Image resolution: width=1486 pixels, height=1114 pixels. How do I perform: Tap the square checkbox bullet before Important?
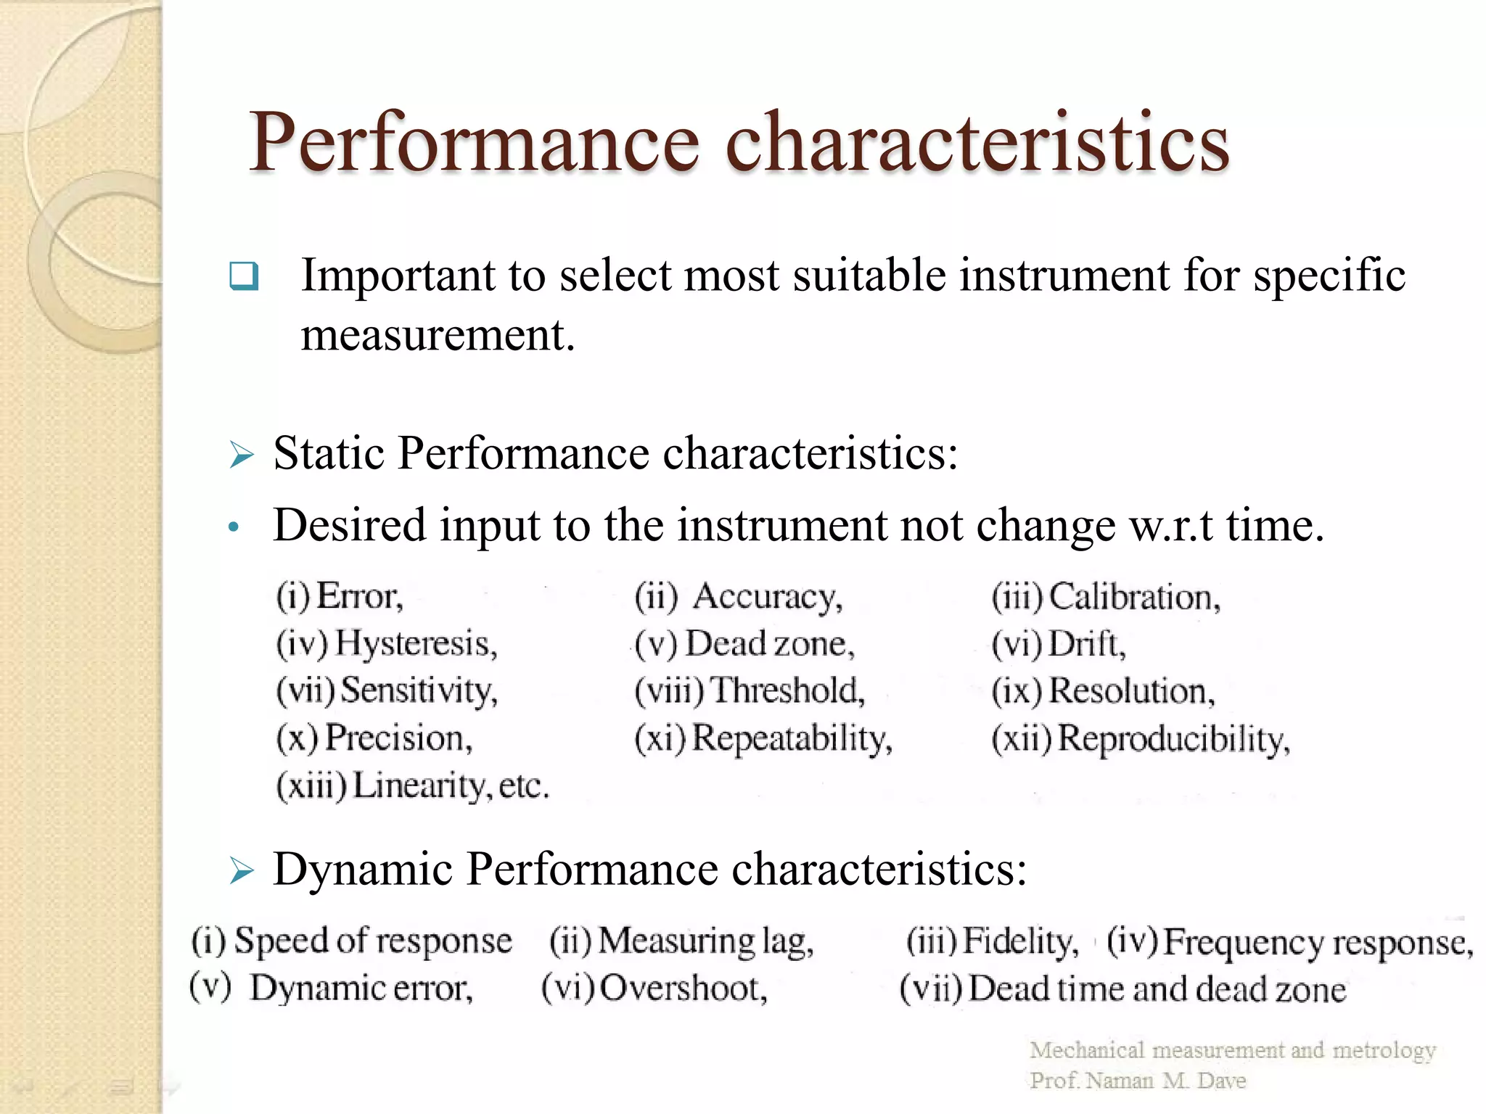244,276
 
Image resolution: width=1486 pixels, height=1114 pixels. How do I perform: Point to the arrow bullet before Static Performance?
242,455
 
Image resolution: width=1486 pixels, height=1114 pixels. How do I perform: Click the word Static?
329,453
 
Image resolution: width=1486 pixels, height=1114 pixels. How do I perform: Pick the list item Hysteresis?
416,643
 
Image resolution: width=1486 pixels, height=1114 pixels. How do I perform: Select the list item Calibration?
1135,597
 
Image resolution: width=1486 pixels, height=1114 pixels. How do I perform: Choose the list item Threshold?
787,690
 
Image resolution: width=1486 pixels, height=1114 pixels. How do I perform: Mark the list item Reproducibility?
1173,739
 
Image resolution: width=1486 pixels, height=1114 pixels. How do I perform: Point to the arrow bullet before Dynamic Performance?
242,870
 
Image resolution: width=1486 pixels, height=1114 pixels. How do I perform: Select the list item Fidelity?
1020,941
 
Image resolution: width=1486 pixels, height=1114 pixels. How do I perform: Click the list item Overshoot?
683,989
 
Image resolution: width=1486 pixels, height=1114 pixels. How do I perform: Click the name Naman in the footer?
1120,1081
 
